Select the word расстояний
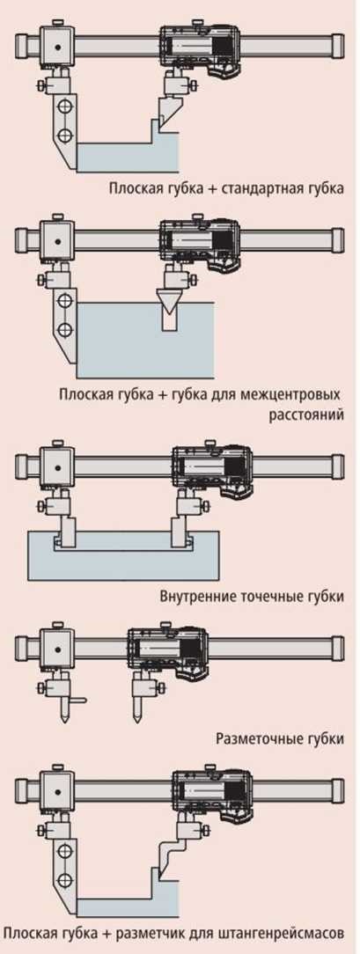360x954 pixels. (x=306, y=415)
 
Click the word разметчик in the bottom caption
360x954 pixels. (x=180, y=931)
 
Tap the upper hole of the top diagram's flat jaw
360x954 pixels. (x=63, y=107)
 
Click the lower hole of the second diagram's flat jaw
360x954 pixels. (x=63, y=330)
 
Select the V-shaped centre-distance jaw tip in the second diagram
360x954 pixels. (x=168, y=301)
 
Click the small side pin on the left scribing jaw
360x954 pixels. (x=78, y=701)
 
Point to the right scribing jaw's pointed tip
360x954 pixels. (x=137, y=721)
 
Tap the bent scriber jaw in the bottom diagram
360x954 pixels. (x=169, y=858)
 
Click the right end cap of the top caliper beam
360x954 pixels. (x=337, y=47)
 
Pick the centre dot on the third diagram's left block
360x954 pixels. (x=56, y=469)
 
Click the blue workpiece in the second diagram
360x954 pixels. (x=145, y=341)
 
